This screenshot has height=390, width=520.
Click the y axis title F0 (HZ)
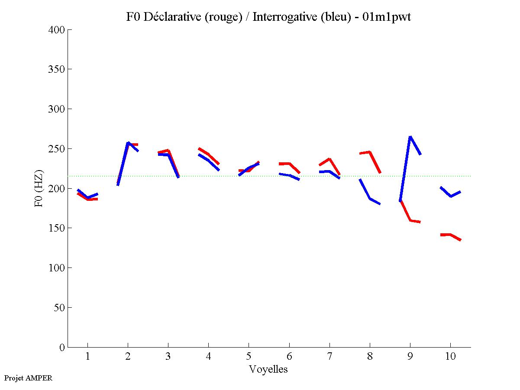click(39, 188)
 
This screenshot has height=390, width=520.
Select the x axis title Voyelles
click(268, 369)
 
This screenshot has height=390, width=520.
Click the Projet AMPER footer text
click(28, 378)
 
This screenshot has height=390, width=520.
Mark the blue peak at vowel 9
click(410, 137)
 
